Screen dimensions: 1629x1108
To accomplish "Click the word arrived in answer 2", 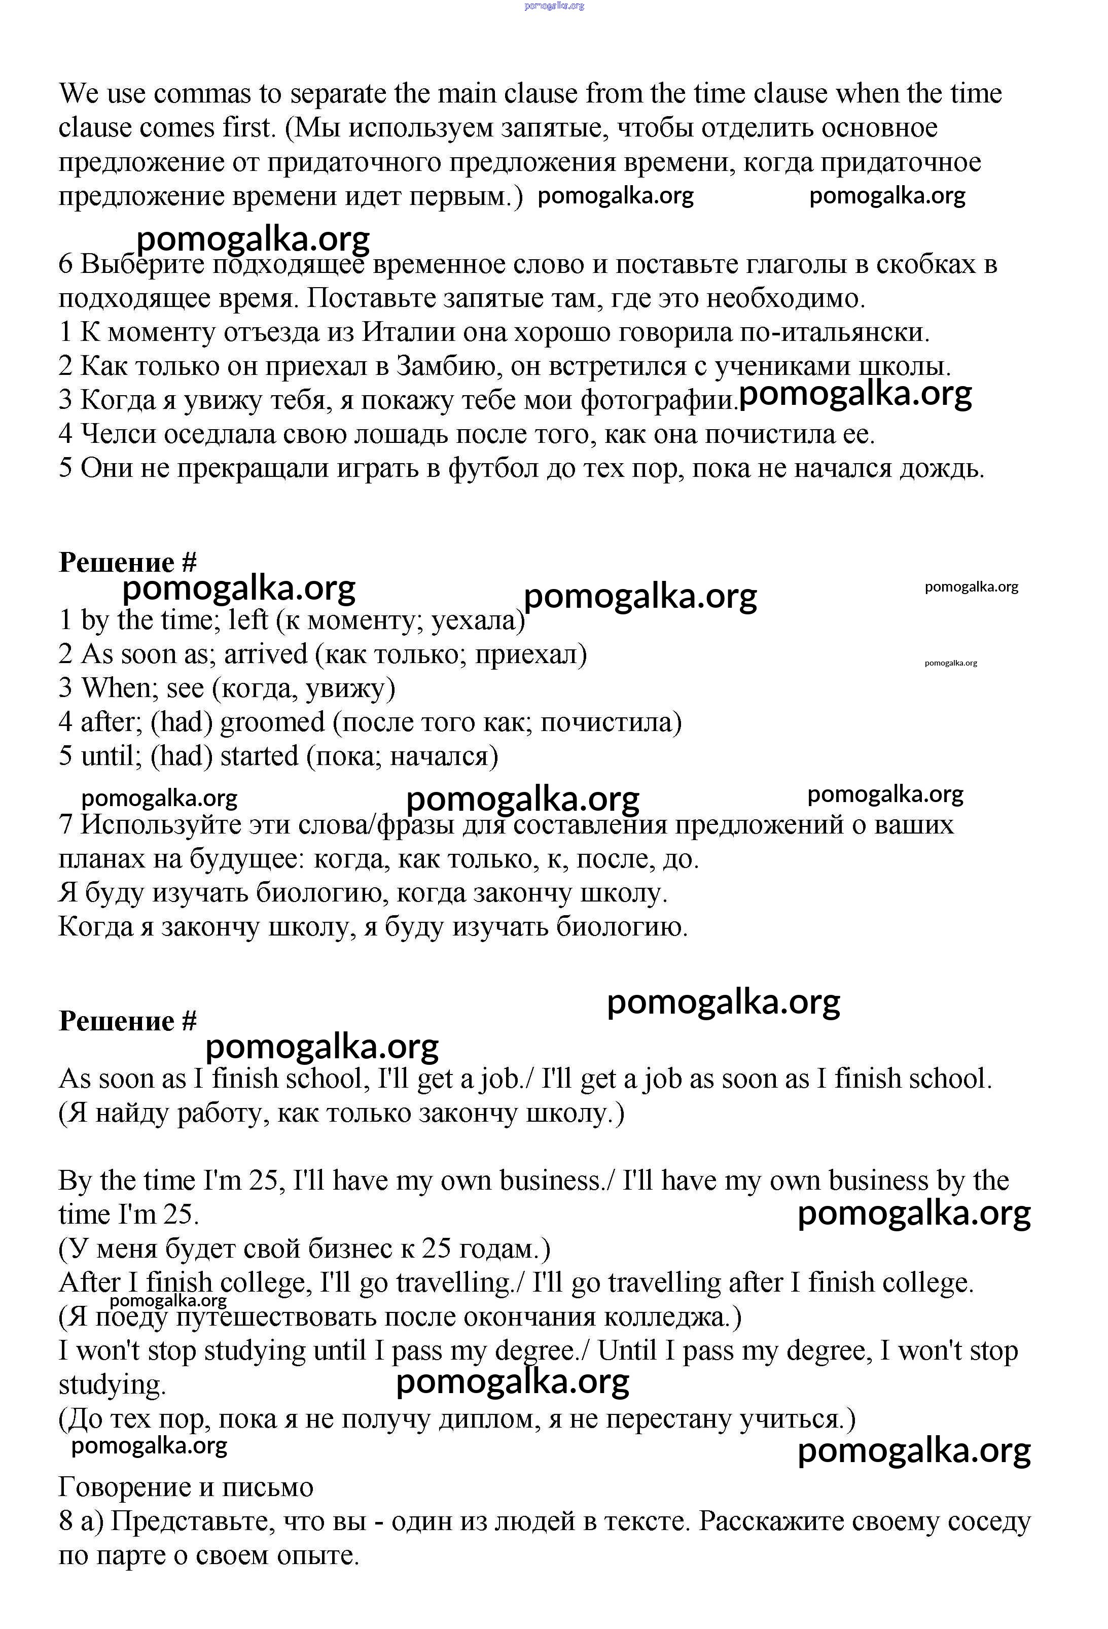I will [x=266, y=654].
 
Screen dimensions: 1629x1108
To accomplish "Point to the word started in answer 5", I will [x=259, y=756].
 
